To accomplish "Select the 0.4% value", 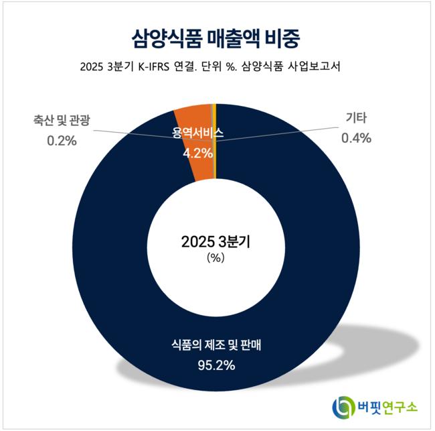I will [x=357, y=139].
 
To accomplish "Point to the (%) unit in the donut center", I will [x=215, y=258].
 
